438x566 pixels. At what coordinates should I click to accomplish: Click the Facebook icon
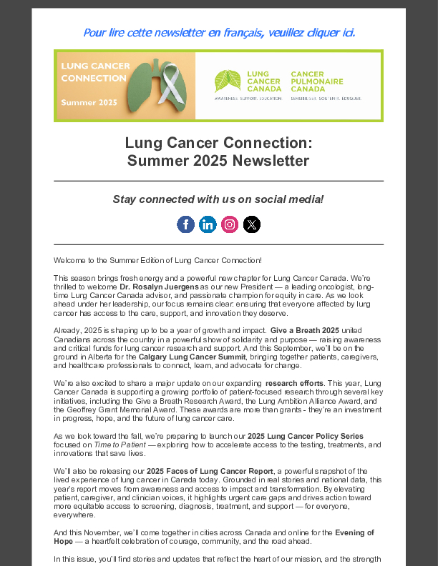[x=185, y=224]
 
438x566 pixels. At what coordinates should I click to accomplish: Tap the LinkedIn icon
[x=208, y=224]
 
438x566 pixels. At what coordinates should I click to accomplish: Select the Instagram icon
[x=230, y=224]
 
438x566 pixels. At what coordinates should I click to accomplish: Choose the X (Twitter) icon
[x=252, y=224]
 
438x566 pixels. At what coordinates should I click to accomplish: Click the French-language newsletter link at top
[x=219, y=32]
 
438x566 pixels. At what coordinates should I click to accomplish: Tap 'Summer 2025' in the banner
[x=89, y=103]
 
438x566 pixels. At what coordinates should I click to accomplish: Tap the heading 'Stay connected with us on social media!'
[x=218, y=199]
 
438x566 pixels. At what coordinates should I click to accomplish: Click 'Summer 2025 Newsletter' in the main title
[x=218, y=161]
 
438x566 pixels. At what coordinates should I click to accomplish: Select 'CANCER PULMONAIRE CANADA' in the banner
[x=317, y=81]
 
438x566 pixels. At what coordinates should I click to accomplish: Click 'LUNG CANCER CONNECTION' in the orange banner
[x=95, y=72]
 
